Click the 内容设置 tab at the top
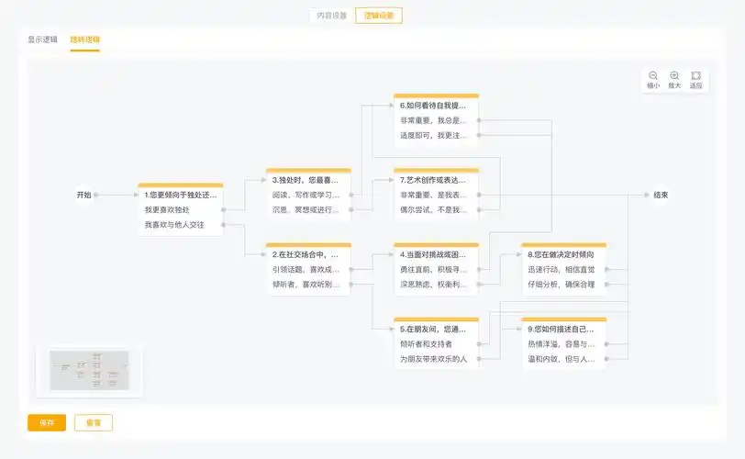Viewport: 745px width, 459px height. (x=332, y=16)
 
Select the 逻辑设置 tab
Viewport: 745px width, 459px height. (x=379, y=16)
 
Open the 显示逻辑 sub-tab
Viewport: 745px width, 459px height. (x=42, y=40)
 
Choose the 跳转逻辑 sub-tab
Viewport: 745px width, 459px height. (x=85, y=40)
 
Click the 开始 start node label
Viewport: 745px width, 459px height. (x=84, y=195)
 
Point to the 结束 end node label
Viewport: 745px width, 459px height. (x=661, y=195)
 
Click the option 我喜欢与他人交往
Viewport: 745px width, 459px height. (x=173, y=225)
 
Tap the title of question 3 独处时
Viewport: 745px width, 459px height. (x=306, y=180)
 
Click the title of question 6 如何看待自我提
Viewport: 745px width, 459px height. (x=433, y=106)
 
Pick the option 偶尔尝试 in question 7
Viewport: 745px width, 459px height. (x=433, y=210)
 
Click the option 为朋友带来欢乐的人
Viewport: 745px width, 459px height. (x=433, y=358)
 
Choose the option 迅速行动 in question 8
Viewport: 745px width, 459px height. (x=561, y=269)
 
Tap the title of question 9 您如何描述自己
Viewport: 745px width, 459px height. (x=561, y=329)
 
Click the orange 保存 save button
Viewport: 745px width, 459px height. (x=47, y=423)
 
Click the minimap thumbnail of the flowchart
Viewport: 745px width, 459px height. (x=89, y=370)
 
